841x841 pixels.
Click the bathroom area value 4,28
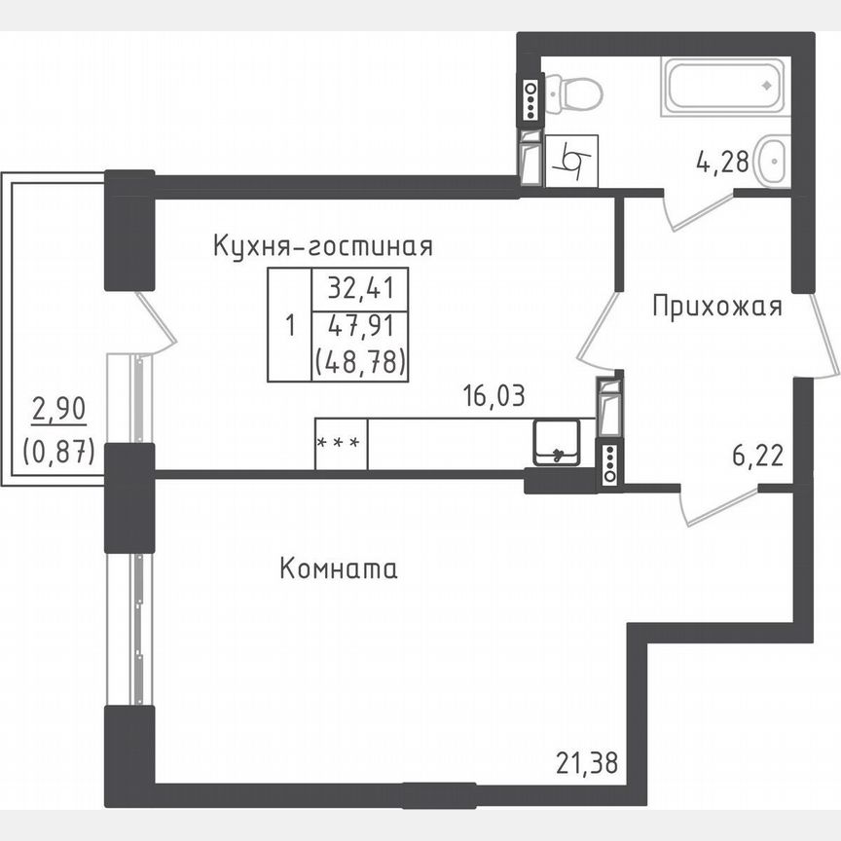[722, 161]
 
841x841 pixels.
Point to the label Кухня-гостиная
[322, 246]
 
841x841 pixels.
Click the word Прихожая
[716, 308]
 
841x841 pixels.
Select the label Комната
[338, 568]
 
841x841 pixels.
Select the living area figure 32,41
[358, 289]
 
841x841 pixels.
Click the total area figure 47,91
[358, 327]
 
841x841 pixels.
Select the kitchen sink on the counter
[558, 443]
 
